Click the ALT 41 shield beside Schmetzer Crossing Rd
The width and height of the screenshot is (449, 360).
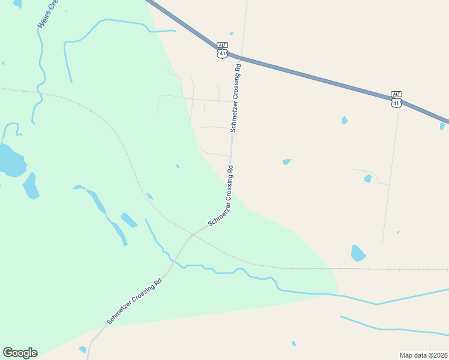click(x=223, y=50)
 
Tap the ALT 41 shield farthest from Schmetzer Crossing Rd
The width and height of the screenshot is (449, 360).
click(x=396, y=99)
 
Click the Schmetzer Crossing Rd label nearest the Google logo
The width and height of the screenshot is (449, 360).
click(x=134, y=302)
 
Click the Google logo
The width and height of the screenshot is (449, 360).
click(x=20, y=353)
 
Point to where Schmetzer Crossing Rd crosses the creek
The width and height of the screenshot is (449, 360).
click(x=173, y=262)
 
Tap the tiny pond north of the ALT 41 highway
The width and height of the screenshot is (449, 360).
click(x=231, y=34)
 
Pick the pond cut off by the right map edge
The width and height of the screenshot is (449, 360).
click(x=442, y=127)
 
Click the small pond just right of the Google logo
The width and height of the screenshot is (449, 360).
click(x=82, y=349)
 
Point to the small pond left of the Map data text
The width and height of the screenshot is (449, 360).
click(x=294, y=343)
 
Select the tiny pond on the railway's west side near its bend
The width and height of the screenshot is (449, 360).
click(x=149, y=196)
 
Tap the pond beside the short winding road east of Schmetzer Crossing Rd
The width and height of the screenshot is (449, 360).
click(x=367, y=178)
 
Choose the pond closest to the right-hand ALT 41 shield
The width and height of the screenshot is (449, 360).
click(x=345, y=120)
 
